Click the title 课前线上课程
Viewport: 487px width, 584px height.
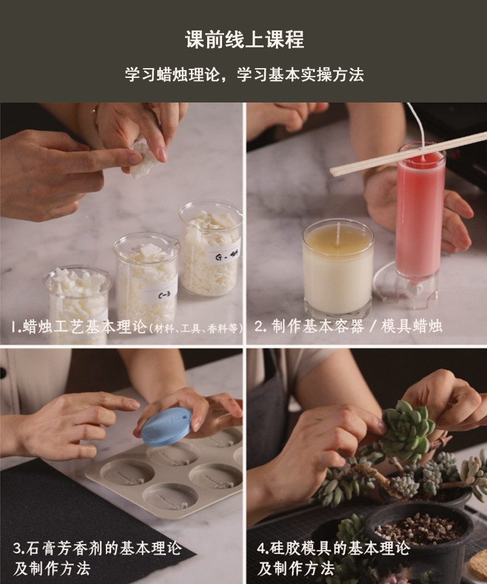click(x=243, y=40)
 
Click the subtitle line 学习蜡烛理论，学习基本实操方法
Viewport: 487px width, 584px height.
click(x=243, y=75)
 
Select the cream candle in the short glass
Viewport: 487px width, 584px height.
click(x=338, y=269)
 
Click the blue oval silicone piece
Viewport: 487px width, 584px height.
click(x=166, y=426)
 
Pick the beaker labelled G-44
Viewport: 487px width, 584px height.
click(x=211, y=250)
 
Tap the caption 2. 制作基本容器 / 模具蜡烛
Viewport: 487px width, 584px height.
click(x=347, y=326)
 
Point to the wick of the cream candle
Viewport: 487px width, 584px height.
click(x=338, y=230)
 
